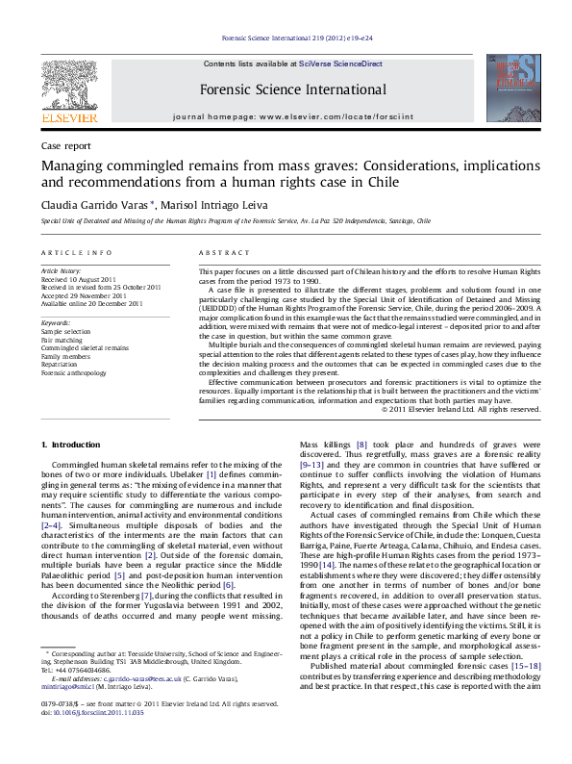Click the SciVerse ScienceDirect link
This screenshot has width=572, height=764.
(x=340, y=64)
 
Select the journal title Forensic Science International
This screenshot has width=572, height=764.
(x=293, y=90)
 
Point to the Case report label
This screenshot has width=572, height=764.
(x=66, y=145)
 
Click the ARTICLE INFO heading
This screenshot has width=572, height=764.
(x=76, y=252)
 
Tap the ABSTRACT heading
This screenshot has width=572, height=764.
(x=221, y=252)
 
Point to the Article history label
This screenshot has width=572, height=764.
(x=62, y=271)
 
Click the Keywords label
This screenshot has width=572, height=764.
(x=56, y=323)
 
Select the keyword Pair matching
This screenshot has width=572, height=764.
(x=62, y=339)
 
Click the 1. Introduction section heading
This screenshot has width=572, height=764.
(x=72, y=445)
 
